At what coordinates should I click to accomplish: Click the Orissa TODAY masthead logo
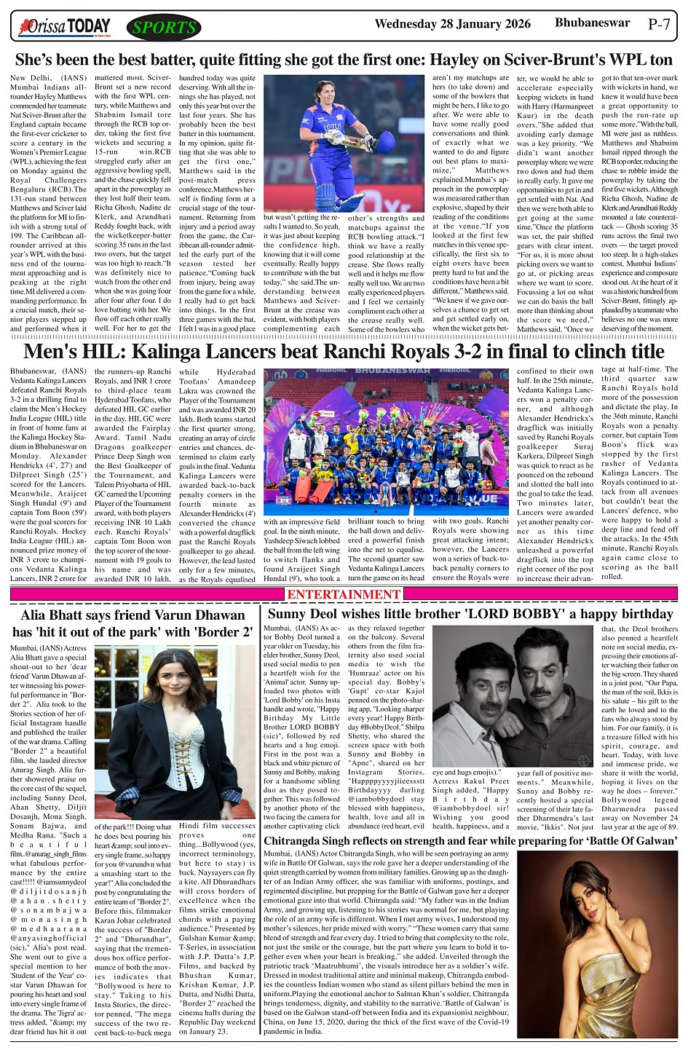[66, 27]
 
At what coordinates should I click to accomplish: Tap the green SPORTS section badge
[164, 28]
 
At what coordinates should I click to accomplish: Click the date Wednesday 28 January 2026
[452, 24]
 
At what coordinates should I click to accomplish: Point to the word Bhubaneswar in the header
[592, 23]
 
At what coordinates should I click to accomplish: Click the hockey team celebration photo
[386, 441]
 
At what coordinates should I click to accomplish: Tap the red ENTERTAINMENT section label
[344, 594]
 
